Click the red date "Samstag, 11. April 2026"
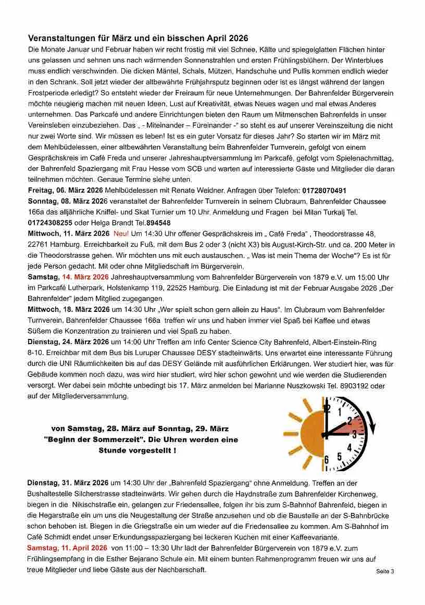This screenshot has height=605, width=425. (x=67, y=548)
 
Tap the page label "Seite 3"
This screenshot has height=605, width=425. (x=385, y=571)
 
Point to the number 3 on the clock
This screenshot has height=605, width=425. (x=354, y=433)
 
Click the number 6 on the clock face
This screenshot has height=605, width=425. (x=327, y=459)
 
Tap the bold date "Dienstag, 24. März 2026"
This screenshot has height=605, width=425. (x=68, y=342)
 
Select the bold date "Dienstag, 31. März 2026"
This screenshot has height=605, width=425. (x=68, y=484)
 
